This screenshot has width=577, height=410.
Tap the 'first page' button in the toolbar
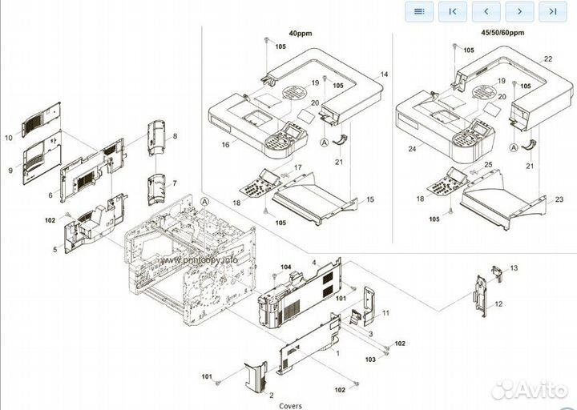[x=454, y=11]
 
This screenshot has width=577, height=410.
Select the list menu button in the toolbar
[x=419, y=11]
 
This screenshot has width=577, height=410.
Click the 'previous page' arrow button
[x=487, y=11]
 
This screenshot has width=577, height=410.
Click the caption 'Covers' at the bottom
[x=290, y=405]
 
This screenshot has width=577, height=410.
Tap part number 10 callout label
[x=9, y=138]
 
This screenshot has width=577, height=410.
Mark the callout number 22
[x=548, y=60]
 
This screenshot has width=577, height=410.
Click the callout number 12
[x=498, y=303]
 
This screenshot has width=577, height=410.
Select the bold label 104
[x=286, y=266]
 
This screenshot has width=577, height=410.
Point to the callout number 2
[x=271, y=396]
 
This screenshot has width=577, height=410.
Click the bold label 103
[x=370, y=360]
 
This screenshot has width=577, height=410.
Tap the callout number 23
[x=559, y=199]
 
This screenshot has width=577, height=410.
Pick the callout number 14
[x=384, y=74]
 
